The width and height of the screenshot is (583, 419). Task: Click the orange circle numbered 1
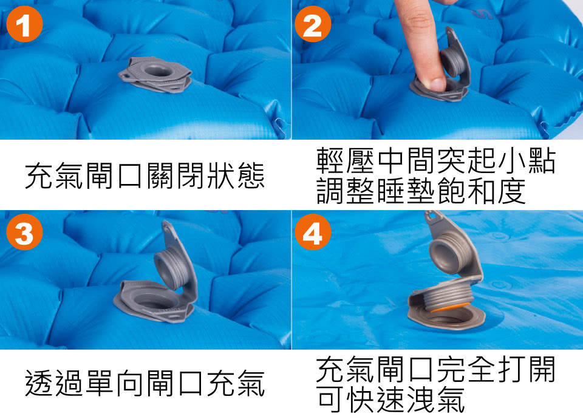click(24, 24)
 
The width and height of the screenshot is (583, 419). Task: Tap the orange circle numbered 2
click(313, 24)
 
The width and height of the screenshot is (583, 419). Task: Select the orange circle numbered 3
click(24, 232)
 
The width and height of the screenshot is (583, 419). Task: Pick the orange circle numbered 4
click(313, 232)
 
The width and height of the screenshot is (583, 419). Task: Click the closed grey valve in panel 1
click(155, 74)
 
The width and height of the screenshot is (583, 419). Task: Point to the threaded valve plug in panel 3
click(172, 268)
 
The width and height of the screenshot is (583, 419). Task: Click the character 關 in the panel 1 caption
click(162, 175)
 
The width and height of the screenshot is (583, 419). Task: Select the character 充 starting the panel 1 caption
click(39, 175)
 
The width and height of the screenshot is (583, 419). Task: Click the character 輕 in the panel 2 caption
click(331, 160)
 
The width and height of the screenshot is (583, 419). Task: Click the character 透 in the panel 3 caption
click(39, 383)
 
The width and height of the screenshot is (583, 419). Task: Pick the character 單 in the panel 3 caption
click(100, 383)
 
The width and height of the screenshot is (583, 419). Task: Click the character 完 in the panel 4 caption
click(451, 369)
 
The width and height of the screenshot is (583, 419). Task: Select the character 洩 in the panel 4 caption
click(421, 400)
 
